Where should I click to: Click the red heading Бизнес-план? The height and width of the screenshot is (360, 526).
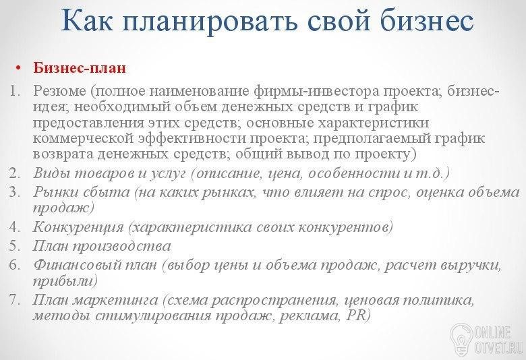click(x=80, y=67)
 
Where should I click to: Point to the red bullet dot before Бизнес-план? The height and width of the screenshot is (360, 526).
click(x=18, y=68)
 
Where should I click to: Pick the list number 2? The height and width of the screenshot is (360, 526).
click(x=15, y=173)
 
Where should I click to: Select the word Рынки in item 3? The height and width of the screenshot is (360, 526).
click(x=55, y=192)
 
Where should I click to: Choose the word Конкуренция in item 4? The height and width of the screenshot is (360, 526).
click(x=78, y=228)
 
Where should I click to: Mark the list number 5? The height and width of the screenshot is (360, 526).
click(x=15, y=246)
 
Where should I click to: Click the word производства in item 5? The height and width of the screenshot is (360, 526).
click(x=121, y=247)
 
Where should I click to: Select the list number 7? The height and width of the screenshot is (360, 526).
click(x=15, y=299)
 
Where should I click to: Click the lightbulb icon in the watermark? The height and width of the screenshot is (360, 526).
click(x=462, y=338)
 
